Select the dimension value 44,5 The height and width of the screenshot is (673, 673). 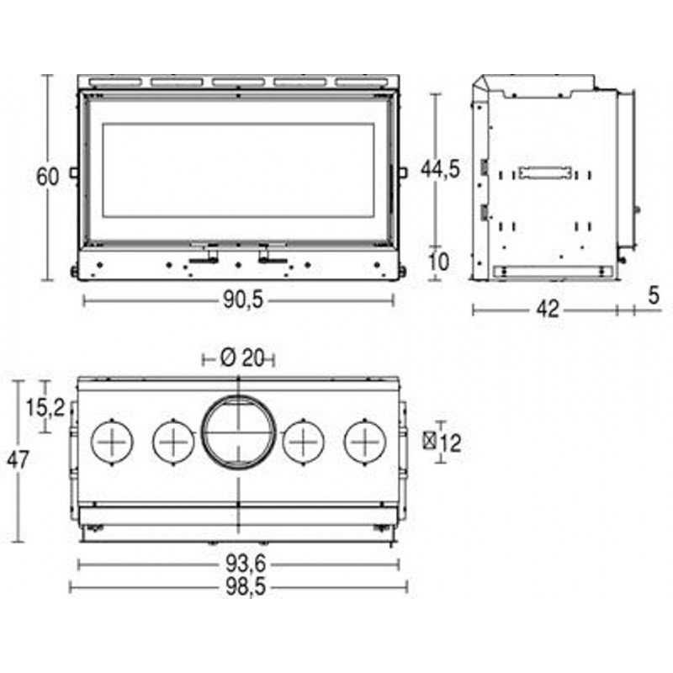440,168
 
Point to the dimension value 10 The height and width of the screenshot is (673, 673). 438,262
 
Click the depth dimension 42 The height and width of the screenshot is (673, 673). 548,310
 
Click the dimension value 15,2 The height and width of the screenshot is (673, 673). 44,408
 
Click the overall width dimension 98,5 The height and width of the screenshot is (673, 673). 238,587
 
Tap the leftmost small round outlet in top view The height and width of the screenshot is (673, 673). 111,440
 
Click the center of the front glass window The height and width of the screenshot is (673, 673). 238,170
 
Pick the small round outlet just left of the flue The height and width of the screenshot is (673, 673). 173,440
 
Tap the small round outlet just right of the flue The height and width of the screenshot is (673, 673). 303,440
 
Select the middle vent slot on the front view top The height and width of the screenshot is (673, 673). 238,82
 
